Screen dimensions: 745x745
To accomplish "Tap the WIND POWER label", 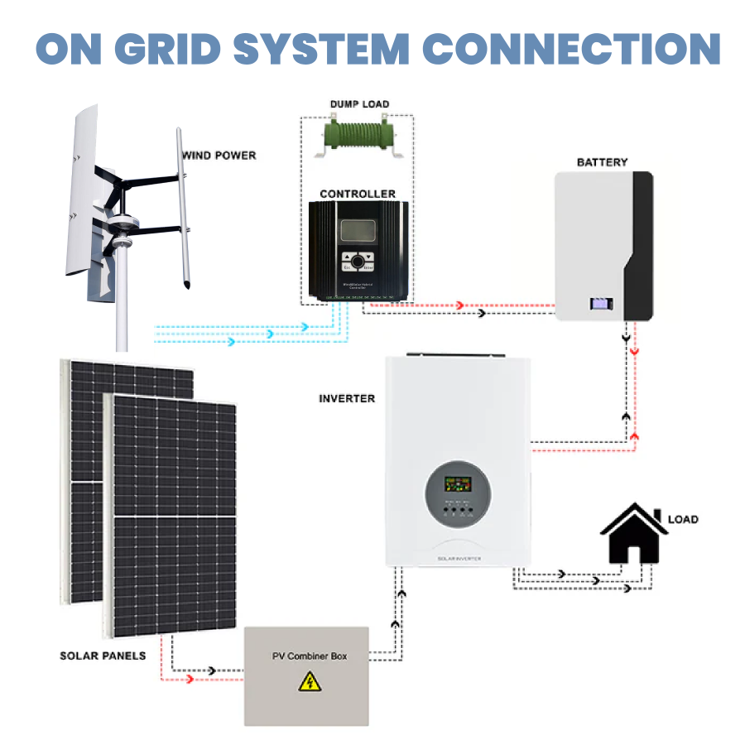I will point(219,155).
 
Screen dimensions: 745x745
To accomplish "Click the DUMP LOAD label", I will point(359,104).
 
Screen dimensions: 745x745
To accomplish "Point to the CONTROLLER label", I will point(358,194).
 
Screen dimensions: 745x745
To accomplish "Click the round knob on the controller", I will point(358,262).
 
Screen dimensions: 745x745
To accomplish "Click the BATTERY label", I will point(602,162).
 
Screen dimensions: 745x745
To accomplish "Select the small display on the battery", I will point(600,304).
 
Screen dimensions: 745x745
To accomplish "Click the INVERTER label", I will point(347,398).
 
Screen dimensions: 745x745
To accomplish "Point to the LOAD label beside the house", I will point(683,519).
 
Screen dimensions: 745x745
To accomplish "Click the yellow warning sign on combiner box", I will point(310,682).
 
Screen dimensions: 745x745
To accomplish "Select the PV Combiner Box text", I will point(310,656).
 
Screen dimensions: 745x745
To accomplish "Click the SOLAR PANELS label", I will point(103,656).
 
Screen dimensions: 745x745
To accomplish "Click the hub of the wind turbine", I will point(124,223).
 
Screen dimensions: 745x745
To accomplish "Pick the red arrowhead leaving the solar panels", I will point(193,679).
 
